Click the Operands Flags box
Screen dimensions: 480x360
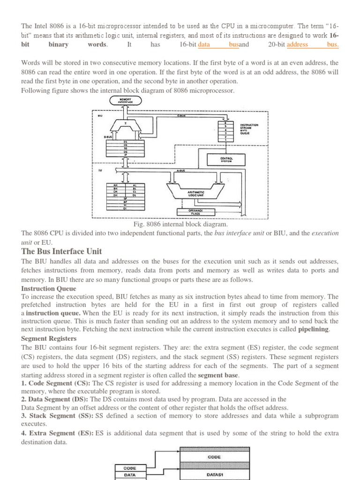click(195, 212)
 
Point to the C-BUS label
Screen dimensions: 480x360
click(181, 112)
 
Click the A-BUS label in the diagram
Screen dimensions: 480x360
click(181, 171)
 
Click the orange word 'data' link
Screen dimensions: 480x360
click(204, 45)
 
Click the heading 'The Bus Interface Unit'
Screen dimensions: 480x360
click(61, 252)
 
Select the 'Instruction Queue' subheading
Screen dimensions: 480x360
click(45, 289)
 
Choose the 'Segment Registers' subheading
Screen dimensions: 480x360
click(49, 338)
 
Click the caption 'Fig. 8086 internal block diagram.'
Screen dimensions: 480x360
click(180, 224)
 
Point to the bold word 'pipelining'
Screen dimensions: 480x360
click(314, 330)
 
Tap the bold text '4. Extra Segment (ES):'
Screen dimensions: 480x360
click(57, 434)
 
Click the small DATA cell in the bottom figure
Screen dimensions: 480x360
click(129, 475)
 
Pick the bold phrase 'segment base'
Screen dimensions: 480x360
click(218, 375)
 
